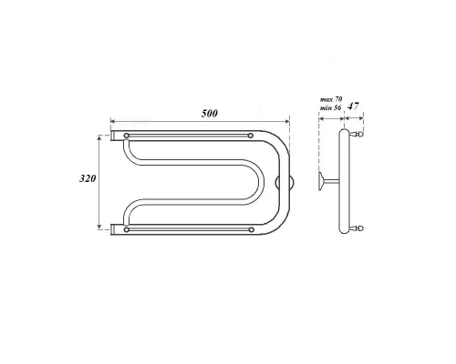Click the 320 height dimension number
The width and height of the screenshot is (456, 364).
(x=88, y=179)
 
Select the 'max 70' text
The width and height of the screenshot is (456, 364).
(x=328, y=98)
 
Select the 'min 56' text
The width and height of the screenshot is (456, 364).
(x=328, y=108)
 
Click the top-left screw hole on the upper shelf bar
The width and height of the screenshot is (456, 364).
(x=126, y=136)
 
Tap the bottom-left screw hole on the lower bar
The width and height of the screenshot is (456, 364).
(x=126, y=230)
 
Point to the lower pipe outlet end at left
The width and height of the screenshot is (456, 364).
(x=114, y=227)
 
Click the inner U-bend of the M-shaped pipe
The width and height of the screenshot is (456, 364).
(x=136, y=183)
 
